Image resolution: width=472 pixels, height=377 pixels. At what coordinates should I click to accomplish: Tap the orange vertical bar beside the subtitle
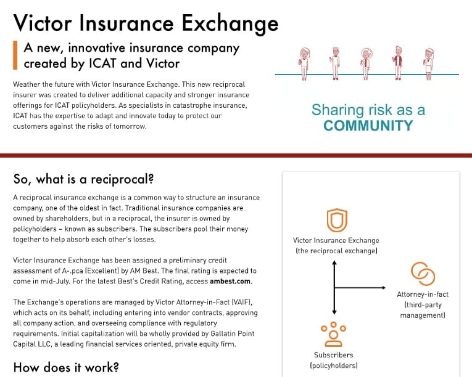click(x=15, y=55)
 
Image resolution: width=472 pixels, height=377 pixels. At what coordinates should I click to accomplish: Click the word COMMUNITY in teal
click(x=368, y=126)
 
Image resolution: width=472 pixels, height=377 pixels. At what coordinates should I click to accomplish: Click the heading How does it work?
click(x=66, y=368)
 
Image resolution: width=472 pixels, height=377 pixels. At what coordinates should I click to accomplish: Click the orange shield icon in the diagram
click(x=336, y=220)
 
